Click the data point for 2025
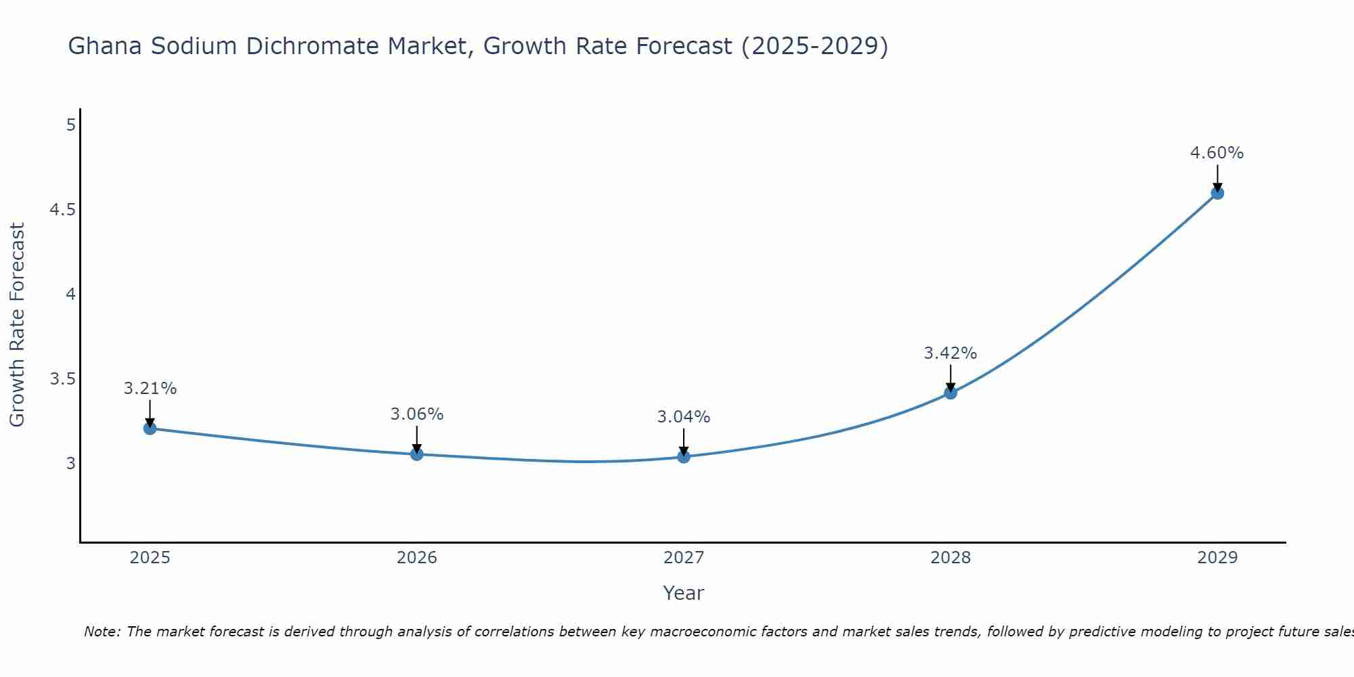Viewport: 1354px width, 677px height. [x=150, y=429]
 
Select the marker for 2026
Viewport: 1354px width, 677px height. [x=417, y=454]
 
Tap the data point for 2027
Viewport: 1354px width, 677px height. [x=684, y=457]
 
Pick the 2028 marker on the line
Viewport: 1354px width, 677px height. [x=951, y=393]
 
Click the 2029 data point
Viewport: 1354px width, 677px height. [x=1217, y=193]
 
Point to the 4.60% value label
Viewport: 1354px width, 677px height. [x=1217, y=153]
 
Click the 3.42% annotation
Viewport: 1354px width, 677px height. [x=950, y=353]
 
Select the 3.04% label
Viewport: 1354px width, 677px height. [x=683, y=417]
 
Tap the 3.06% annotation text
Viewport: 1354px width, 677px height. [x=416, y=414]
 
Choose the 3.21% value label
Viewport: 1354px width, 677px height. [x=150, y=389]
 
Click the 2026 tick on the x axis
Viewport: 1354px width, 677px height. [x=417, y=558]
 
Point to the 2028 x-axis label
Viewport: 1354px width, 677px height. [x=951, y=558]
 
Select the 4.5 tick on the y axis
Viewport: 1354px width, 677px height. [x=62, y=210]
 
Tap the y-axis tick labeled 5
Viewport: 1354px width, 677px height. [x=70, y=125]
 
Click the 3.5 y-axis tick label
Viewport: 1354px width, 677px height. [x=62, y=379]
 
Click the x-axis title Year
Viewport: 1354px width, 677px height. [x=683, y=593]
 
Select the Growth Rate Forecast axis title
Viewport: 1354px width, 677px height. [x=17, y=325]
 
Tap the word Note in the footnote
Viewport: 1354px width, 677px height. [x=102, y=632]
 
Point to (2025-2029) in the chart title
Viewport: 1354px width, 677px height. [x=814, y=47]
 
